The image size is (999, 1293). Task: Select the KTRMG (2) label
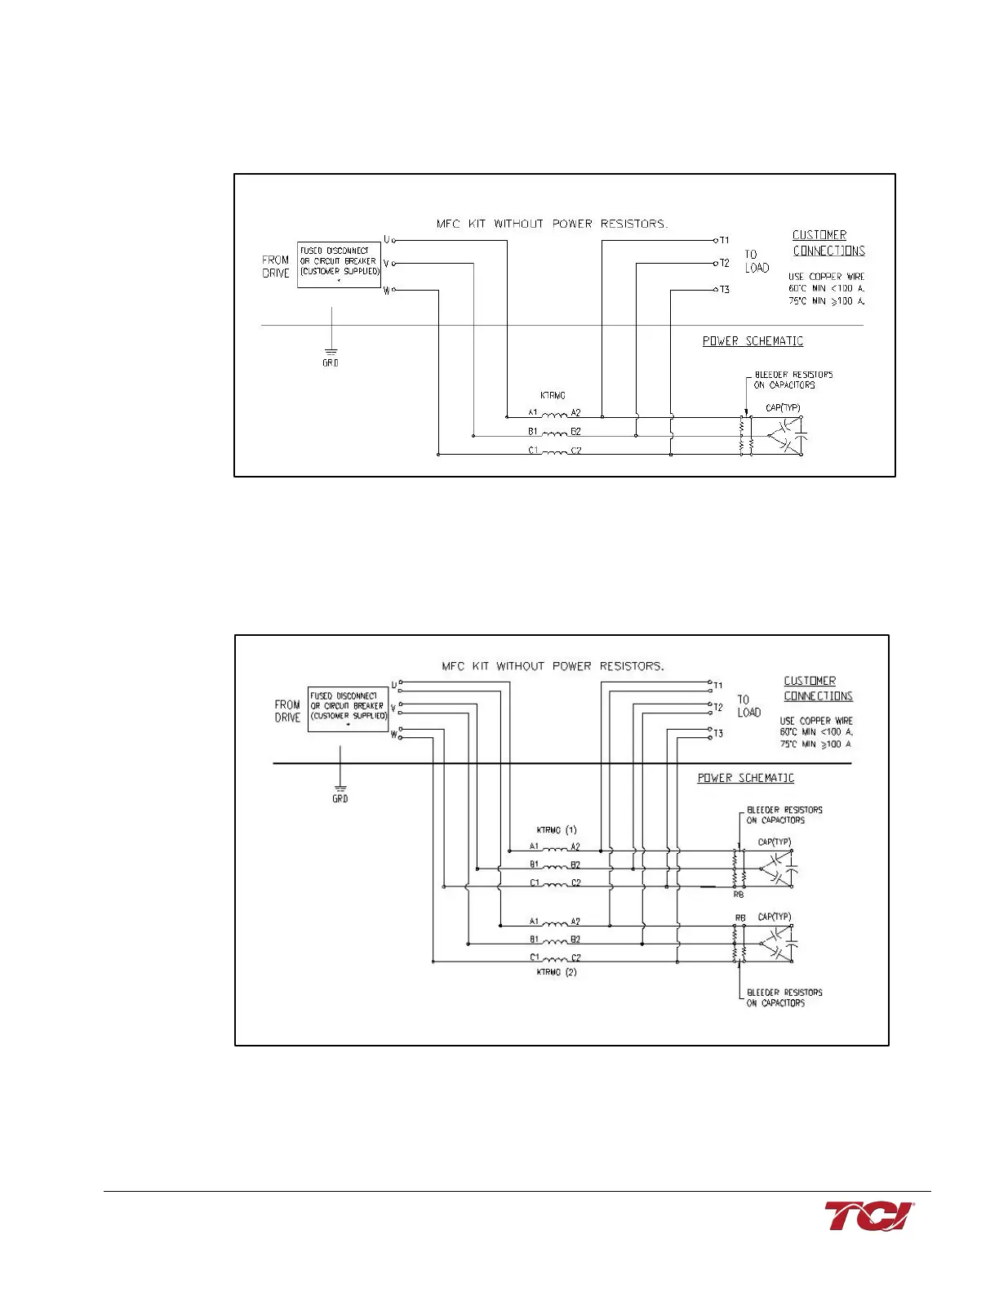pyautogui.click(x=557, y=972)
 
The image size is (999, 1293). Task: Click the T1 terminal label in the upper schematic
pyautogui.click(x=724, y=241)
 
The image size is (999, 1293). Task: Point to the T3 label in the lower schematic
pyautogui.click(x=718, y=734)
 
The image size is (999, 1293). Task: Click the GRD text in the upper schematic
pyautogui.click(x=330, y=363)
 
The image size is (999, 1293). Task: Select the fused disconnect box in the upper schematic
pyautogui.click(x=339, y=264)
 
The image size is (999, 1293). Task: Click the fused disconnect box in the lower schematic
pyautogui.click(x=348, y=709)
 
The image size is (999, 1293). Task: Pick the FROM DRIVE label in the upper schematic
pyautogui.click(x=276, y=267)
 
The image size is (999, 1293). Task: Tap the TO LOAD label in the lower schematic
pyautogui.click(x=748, y=706)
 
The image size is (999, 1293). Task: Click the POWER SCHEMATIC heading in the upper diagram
pyautogui.click(x=753, y=341)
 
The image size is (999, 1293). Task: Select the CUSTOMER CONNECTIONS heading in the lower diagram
pyautogui.click(x=818, y=688)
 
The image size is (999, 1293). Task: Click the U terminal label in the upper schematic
pyautogui.click(x=387, y=240)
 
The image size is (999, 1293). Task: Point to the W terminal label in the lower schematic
pyautogui.click(x=393, y=735)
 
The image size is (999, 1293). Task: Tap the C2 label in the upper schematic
pyautogui.click(x=575, y=451)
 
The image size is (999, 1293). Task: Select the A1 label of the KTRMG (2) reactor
pyautogui.click(x=534, y=922)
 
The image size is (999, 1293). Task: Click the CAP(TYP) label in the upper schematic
pyautogui.click(x=783, y=407)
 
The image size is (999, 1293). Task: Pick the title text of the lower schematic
pyautogui.click(x=553, y=666)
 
